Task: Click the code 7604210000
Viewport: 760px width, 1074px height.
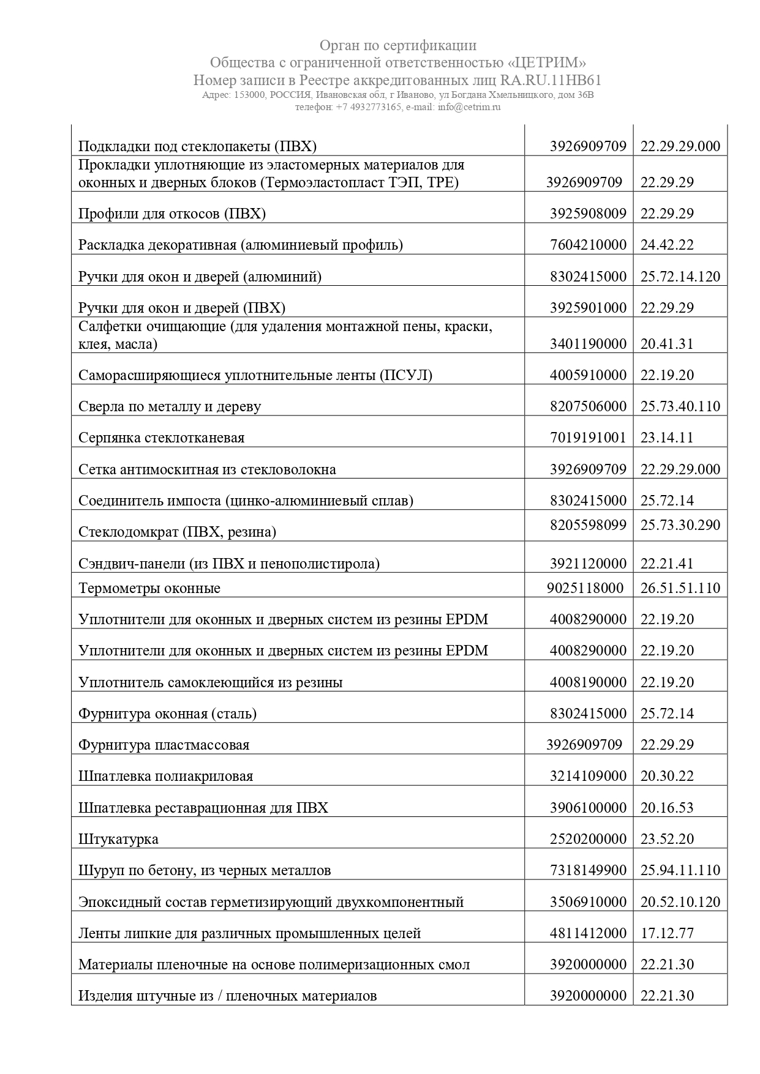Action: [588, 245]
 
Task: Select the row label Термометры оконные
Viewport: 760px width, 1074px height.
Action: [149, 589]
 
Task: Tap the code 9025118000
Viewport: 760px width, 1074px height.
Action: [585, 588]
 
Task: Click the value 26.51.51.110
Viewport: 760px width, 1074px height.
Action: [680, 588]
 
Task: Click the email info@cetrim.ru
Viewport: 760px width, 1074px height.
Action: [469, 107]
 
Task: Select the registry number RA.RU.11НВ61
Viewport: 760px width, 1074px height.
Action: [551, 80]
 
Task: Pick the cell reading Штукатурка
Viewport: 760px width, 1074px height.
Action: [118, 839]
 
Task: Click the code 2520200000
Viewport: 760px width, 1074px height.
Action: [588, 838]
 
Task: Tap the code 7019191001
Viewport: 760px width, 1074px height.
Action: [588, 438]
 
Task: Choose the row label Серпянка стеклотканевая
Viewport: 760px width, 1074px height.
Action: [161, 438]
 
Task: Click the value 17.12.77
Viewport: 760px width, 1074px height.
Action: [667, 933]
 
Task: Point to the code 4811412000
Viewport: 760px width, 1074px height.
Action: [588, 933]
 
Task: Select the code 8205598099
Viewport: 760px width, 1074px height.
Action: [588, 525]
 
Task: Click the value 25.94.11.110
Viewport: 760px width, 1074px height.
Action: [680, 870]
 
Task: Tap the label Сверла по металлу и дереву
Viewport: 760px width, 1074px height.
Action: [170, 407]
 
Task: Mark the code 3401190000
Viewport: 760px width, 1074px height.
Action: [588, 344]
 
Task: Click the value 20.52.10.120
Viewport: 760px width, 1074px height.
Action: [680, 902]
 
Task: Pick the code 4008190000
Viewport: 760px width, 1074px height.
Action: [588, 682]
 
